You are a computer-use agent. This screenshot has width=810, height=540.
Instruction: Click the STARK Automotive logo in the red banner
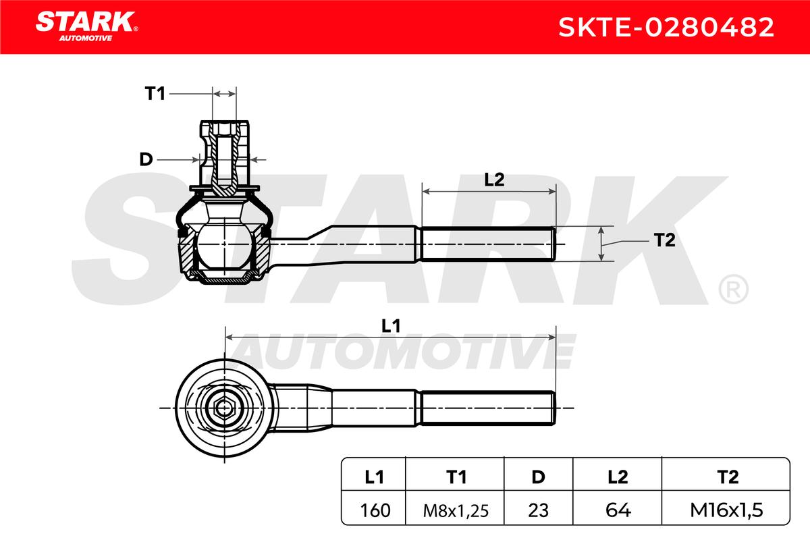tap(86, 26)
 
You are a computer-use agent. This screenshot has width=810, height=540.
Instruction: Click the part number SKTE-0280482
tap(666, 27)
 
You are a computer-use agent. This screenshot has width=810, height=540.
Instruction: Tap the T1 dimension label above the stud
tap(155, 94)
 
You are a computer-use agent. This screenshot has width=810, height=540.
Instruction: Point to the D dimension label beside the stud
tap(146, 159)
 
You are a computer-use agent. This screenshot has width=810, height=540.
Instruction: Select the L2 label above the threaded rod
tap(494, 180)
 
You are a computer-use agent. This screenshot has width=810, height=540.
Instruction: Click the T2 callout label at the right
tap(665, 240)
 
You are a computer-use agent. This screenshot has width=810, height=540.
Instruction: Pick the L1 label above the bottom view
tap(391, 326)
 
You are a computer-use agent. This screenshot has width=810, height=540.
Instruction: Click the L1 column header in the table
tap(374, 477)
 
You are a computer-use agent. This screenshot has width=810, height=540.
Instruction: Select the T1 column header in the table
tap(456, 477)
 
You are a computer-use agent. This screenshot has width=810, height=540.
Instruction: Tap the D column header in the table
tap(538, 477)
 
